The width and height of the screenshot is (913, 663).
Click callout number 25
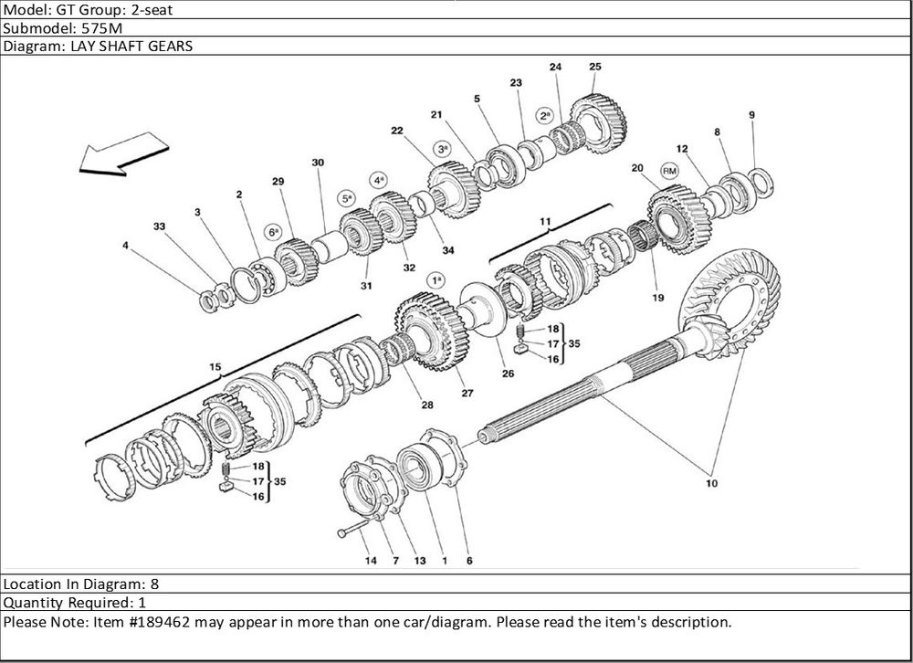594,67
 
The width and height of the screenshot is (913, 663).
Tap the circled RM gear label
670,171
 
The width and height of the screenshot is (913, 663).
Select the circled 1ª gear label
437,279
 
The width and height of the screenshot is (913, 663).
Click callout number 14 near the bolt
370,561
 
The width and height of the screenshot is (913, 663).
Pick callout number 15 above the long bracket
215,367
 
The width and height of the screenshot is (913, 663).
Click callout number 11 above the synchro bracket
545,222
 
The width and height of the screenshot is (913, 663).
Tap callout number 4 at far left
125,245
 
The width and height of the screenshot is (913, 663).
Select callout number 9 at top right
751,115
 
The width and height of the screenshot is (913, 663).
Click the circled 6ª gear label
273,232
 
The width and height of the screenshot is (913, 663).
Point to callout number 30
318,163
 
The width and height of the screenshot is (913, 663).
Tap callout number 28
427,404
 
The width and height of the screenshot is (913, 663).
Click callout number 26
508,374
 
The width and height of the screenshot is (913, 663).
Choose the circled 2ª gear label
545,116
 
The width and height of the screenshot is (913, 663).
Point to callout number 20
637,168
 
